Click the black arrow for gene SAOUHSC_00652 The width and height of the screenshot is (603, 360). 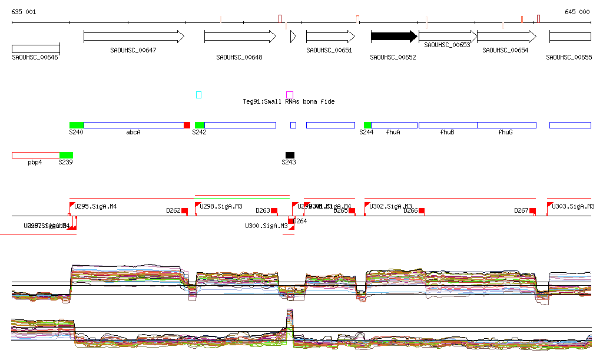tap(393, 37)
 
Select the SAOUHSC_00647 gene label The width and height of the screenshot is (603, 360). tap(133, 50)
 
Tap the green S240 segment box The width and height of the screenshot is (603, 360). tap(77, 125)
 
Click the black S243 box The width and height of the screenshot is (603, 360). tap(290, 155)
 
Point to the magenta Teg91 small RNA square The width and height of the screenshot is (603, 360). tap(290, 94)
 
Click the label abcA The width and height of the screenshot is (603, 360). tap(134, 133)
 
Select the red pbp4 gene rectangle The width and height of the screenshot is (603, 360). tap(36, 155)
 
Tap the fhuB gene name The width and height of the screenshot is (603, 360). tap(447, 133)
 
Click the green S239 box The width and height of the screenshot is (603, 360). tap(66, 155)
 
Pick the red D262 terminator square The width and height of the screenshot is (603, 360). tap(184, 210)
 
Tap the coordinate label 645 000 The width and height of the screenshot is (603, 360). tap(577, 12)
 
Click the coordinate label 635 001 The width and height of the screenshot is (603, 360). tap(24, 12)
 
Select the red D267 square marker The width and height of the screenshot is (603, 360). tap(532, 210)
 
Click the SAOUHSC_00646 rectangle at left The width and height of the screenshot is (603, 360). tap(36, 48)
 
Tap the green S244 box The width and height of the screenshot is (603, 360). tap(367, 125)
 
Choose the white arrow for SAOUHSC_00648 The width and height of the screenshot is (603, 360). tap(240, 37)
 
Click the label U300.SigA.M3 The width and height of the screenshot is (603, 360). tap(266, 226)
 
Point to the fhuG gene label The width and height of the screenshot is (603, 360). tap(505, 133)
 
